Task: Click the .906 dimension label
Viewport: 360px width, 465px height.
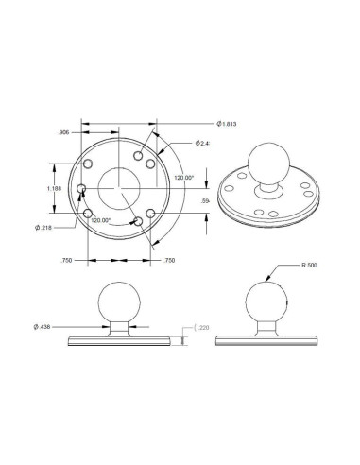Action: click(65, 131)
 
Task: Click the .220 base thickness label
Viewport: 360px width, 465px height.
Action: click(206, 327)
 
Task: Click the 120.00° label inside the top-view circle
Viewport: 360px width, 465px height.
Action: click(100, 219)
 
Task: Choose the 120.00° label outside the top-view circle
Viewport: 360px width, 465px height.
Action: click(182, 177)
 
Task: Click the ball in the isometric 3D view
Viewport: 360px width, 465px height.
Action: click(268, 158)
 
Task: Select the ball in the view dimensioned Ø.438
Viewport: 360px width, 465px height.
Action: click(120, 301)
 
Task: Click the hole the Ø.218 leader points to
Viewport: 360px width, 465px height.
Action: click(82, 189)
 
